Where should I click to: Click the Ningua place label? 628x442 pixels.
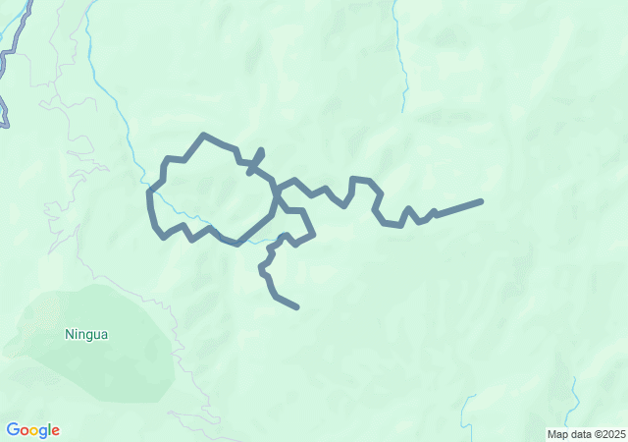coord(86,334)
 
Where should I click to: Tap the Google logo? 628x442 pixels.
coord(32,430)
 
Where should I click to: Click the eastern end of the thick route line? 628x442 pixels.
coord(481,201)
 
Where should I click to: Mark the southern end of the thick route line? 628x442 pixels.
coord(296,307)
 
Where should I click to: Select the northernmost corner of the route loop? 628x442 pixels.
coord(203,135)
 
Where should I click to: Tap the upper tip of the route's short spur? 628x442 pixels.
coord(261,150)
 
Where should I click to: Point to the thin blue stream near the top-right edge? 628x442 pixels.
coord(402,59)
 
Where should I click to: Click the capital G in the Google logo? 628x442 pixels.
coord(13,430)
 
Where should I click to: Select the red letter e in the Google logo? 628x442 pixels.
coord(55,431)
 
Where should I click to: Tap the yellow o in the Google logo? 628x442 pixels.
coord(34,431)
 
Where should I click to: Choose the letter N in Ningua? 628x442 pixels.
coord(70,334)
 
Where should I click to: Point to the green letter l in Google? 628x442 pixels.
coord(48,430)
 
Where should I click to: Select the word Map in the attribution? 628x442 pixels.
coord(558,434)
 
